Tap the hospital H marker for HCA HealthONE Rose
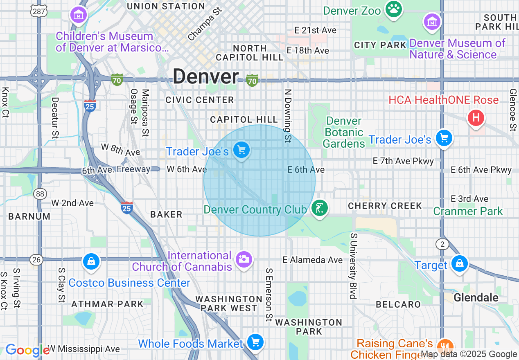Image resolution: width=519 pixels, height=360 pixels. (x=476, y=118)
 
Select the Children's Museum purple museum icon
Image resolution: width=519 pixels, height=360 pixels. (x=78, y=15)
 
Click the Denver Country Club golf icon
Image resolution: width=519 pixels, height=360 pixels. (x=319, y=208)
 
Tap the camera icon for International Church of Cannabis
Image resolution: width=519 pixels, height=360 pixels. (x=244, y=259)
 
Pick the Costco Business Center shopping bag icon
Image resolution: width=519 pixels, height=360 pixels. (x=91, y=261)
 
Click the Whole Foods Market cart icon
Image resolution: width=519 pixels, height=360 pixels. (x=255, y=342)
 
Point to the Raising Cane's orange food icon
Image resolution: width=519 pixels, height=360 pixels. (x=445, y=346)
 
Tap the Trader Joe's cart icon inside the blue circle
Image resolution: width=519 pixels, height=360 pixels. (x=241, y=150)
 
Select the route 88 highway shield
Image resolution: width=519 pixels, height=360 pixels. (x=40, y=194)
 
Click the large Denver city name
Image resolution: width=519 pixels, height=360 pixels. (x=205, y=76)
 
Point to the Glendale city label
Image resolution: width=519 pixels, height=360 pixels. (x=476, y=297)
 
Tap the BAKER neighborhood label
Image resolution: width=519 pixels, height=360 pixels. (x=166, y=214)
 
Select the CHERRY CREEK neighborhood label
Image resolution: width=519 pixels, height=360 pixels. (x=385, y=206)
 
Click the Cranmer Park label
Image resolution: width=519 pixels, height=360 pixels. (x=468, y=211)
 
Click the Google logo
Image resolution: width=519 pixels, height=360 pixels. (x=27, y=351)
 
